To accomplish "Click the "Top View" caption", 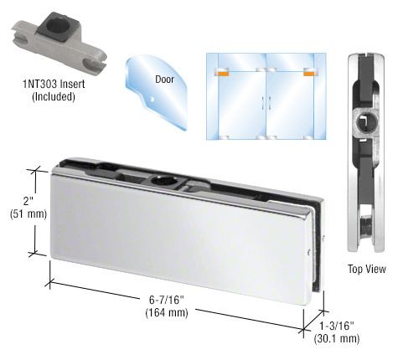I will (x=366, y=270).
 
